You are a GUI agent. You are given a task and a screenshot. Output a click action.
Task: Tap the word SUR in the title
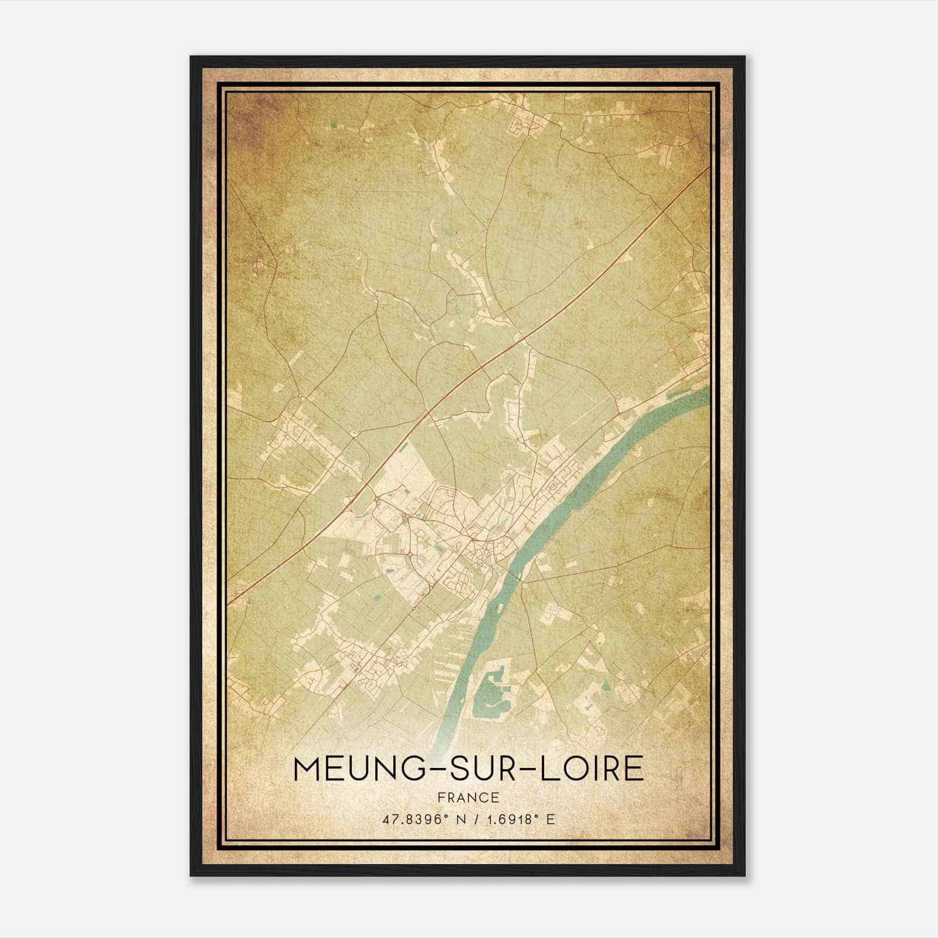[x=468, y=769]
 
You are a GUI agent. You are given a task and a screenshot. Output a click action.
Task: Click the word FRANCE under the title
[x=468, y=797]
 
